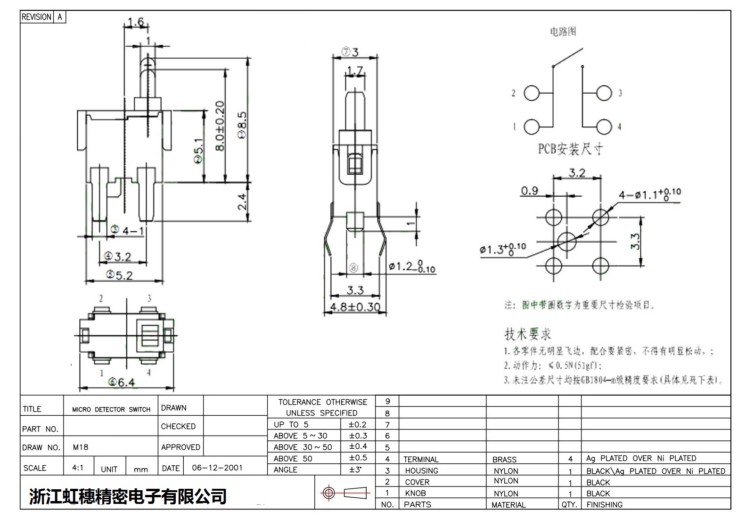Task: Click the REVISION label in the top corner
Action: pos(36,17)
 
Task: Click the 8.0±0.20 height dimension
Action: pos(220,126)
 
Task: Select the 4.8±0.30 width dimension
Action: pos(355,307)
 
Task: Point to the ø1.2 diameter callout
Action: pos(411,267)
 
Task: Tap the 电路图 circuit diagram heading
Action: pos(563,32)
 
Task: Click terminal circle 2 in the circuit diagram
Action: pos(532,93)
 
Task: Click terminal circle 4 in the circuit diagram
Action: pos(604,126)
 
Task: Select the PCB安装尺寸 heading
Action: pos(570,149)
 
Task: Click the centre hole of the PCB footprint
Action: pos(566,241)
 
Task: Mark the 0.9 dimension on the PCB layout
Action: pos(529,191)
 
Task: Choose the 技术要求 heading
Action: pos(527,334)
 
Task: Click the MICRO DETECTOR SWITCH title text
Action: pos(111,410)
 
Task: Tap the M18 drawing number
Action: pos(81,447)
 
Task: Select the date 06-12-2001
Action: pos(217,468)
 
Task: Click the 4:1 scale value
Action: pos(78,468)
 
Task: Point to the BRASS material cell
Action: pos(504,460)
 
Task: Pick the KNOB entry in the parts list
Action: pos(415,494)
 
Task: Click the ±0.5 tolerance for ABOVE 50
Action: pos(358,458)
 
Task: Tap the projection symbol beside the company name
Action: pos(344,493)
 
